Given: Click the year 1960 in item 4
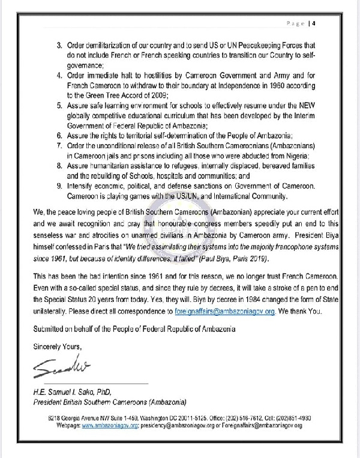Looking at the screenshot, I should click(x=256, y=86).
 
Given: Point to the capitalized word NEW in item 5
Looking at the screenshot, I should click(x=307, y=106).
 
